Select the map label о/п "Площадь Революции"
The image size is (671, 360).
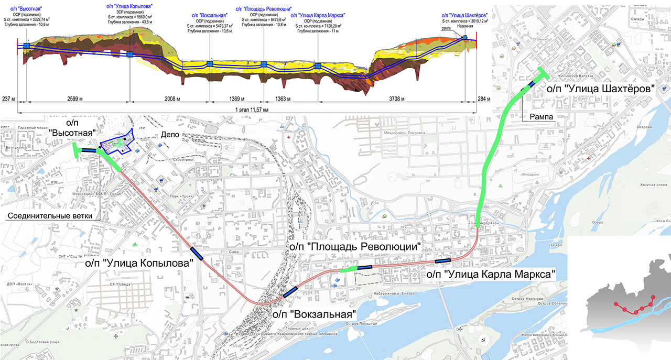(355, 246)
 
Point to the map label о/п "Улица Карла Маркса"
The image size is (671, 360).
(491, 274)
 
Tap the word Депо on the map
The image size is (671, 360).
(170, 135)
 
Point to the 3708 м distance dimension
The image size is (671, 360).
(417, 99)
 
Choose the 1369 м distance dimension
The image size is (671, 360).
(237, 99)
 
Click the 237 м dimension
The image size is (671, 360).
(9, 99)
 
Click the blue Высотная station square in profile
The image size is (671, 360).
(26, 47)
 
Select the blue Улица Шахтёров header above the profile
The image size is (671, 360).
(464, 15)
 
